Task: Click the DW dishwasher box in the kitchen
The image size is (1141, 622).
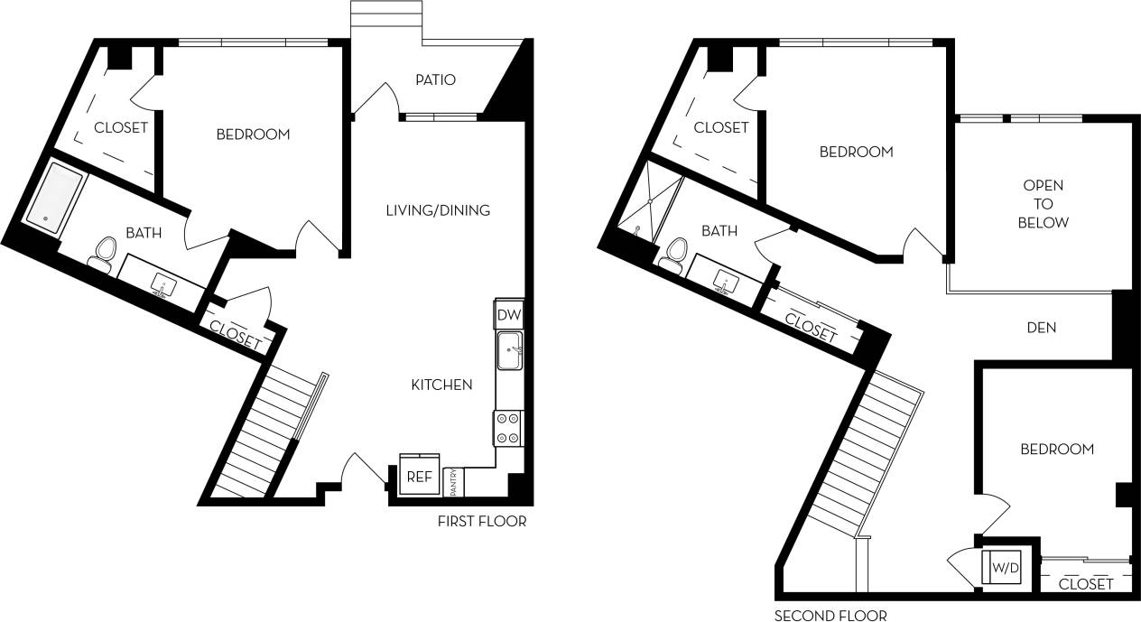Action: [x=508, y=315]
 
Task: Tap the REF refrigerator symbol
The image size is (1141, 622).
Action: [x=419, y=476]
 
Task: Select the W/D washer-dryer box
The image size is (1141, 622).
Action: [x=1003, y=567]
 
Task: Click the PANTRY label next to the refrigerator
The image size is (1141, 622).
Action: [x=453, y=481]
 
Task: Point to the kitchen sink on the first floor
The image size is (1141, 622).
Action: [x=509, y=349]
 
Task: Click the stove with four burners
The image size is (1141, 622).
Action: [x=507, y=428]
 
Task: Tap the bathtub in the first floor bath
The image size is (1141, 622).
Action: [x=56, y=195]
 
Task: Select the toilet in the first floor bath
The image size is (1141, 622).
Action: [x=102, y=252]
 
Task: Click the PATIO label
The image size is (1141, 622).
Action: [x=435, y=79]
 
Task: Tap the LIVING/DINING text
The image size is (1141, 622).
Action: [x=438, y=210]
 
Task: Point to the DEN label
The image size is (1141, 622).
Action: [x=1042, y=328]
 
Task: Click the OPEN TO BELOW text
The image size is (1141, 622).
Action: [x=1043, y=204]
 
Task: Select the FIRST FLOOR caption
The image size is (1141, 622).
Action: [x=481, y=522]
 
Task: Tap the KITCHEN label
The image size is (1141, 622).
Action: [x=441, y=385]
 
